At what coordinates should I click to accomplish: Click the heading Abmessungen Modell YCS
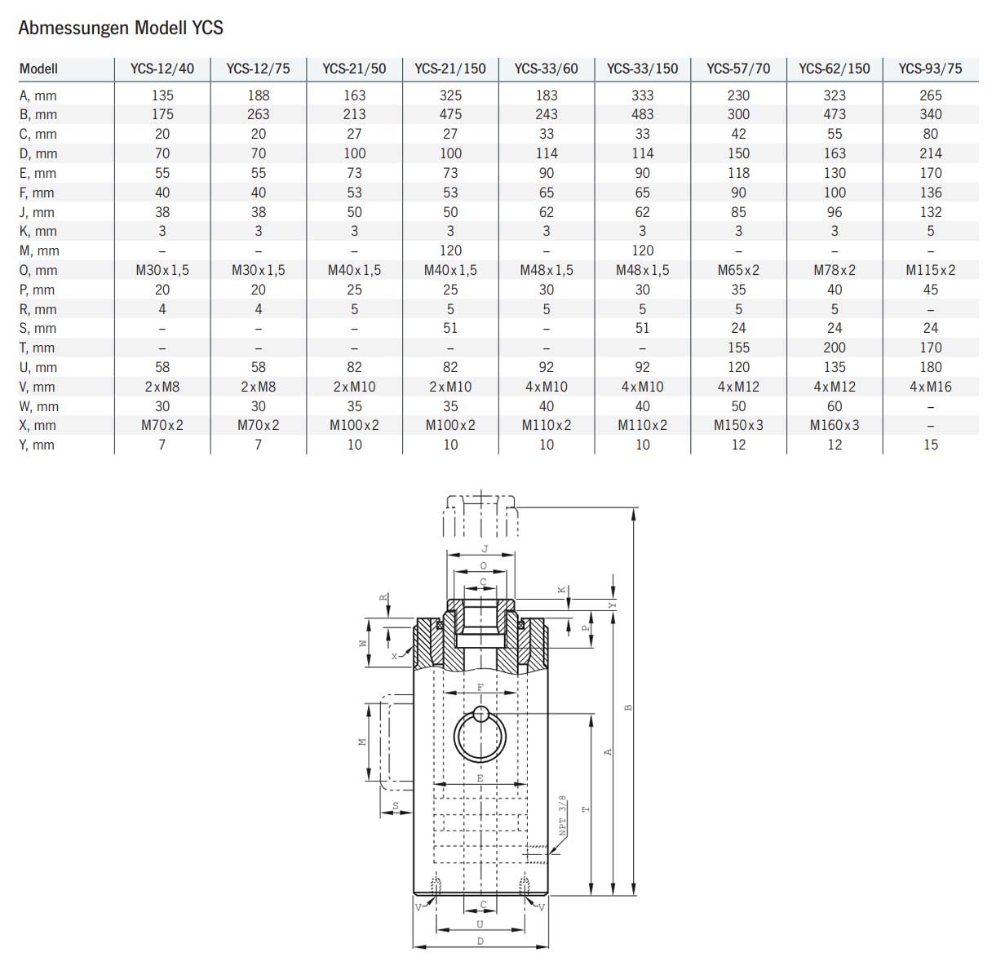point(121,29)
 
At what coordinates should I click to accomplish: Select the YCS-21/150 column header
point(450,69)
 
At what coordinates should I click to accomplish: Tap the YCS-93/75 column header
point(930,69)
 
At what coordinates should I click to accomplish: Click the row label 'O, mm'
point(38,270)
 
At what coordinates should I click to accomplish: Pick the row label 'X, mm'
point(38,425)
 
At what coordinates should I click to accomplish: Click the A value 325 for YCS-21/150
point(450,95)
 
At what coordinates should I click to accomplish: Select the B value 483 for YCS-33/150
point(643,114)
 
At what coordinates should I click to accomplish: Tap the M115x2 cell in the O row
point(930,270)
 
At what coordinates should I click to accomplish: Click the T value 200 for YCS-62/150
point(835,348)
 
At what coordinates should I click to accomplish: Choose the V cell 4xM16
point(930,387)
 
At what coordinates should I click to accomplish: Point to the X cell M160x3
point(835,425)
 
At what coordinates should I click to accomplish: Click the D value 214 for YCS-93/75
point(930,153)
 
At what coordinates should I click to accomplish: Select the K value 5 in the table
point(930,231)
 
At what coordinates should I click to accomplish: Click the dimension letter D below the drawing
point(480,941)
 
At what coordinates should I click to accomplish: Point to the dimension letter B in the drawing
point(628,707)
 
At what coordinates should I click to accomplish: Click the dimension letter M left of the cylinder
point(362,742)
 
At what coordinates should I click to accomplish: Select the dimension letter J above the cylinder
point(484,549)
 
